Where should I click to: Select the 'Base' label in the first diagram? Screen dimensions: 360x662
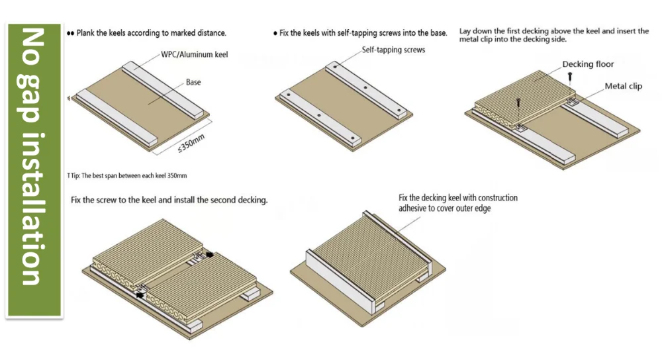(193, 82)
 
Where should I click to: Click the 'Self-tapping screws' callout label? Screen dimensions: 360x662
(393, 50)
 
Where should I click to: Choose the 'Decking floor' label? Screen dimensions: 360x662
(588, 64)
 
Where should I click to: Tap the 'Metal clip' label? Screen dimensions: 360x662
(623, 87)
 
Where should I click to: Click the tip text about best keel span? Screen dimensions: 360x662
(128, 175)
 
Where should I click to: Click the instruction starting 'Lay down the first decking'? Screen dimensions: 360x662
(553, 35)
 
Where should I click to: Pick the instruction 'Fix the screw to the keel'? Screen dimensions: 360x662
(169, 200)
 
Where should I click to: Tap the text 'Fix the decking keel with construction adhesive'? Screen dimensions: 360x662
(457, 203)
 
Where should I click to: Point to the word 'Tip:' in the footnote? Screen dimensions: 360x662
(77, 175)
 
